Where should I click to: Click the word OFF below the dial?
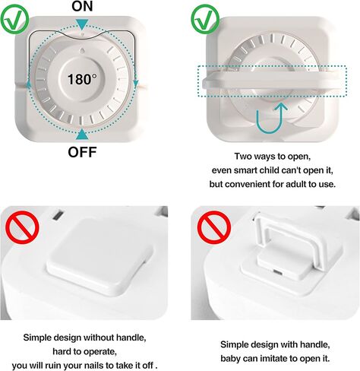tap(82, 151)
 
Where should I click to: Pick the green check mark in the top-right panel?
tap(203, 19)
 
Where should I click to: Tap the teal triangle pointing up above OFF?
tap(82, 134)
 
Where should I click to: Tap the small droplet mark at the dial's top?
tap(82, 47)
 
